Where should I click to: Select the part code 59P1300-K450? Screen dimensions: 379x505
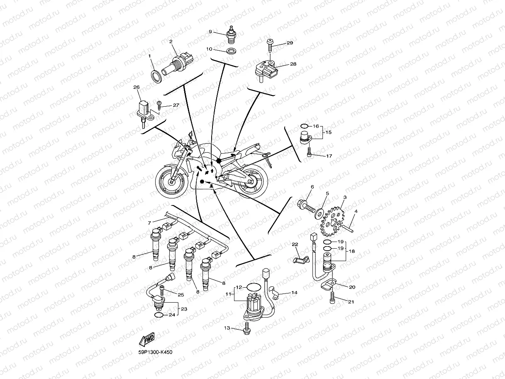coord(155,352)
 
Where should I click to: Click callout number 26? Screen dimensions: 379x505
coord(136,88)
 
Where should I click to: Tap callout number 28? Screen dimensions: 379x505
coord(293,64)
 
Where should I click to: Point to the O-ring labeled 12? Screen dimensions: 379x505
coord(253,287)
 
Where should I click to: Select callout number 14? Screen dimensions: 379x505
coord(294,293)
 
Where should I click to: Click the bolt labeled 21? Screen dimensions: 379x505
coord(333,297)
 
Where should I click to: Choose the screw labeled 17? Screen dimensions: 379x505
coord(309,154)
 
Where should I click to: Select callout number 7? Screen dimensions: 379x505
coord(149,223)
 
